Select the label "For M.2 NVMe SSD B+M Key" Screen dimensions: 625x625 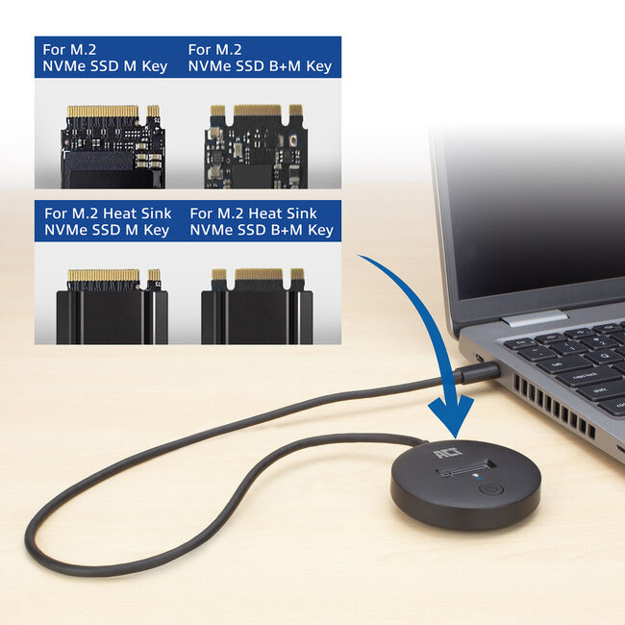click(x=260, y=58)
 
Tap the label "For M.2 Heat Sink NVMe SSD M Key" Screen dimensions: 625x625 click(x=106, y=221)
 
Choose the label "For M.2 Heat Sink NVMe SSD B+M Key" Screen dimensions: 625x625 click(x=261, y=221)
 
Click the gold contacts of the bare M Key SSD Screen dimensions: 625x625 click(x=104, y=112)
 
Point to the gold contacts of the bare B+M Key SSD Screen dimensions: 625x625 click(x=257, y=112)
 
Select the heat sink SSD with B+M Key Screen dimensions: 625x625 click(x=258, y=308)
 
